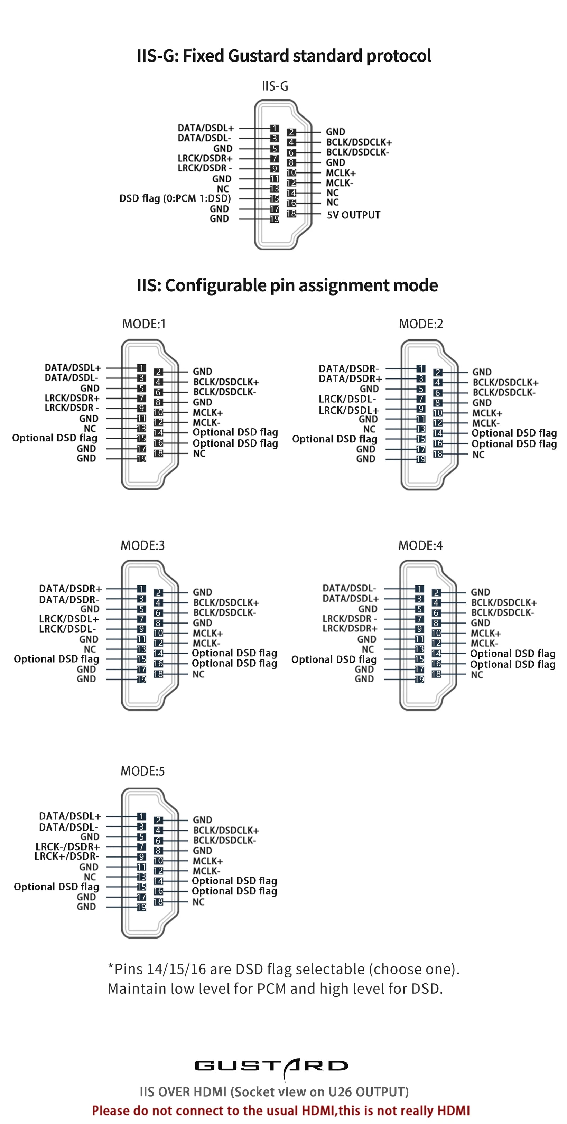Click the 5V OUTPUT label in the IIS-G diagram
[x=354, y=215]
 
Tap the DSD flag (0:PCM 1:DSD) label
[x=175, y=198]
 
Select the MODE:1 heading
[x=144, y=324]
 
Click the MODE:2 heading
[x=421, y=324]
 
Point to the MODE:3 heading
[x=143, y=545]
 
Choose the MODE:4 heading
[x=420, y=545]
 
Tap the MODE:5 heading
[x=143, y=771]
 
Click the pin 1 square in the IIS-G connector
[x=274, y=128]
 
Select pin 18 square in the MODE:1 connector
[x=158, y=453]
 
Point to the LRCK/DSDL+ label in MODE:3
[x=69, y=619]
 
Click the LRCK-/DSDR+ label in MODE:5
[x=68, y=847]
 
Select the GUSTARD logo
[x=271, y=1066]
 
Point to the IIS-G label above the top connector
[x=275, y=86]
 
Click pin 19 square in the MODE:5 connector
[x=141, y=907]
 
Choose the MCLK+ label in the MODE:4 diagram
[x=485, y=634]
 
